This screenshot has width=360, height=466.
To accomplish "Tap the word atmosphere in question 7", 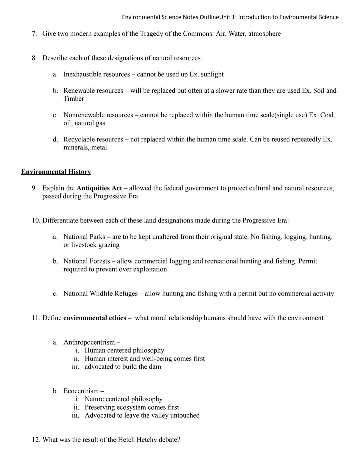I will tap(264, 34).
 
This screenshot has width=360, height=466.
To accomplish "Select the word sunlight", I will tap(212, 74).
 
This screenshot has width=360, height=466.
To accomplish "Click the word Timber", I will tap(74, 99).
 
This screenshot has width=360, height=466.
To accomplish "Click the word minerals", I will tap(74, 147).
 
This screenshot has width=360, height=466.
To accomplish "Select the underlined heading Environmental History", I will tap(56, 172).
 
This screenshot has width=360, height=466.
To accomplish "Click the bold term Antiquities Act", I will tap(99, 188).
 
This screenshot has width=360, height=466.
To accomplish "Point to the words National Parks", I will tap(84, 237).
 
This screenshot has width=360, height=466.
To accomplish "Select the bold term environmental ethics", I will tap(94, 318).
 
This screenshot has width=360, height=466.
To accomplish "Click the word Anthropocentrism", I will tap(89, 342).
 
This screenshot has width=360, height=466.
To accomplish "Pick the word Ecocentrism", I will tap(81, 391).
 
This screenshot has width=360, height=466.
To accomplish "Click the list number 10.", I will tap(36, 220).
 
